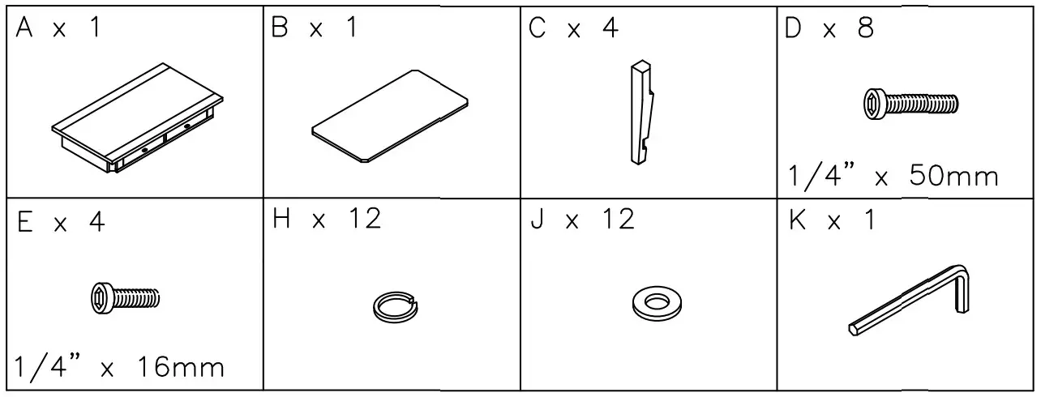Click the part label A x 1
58,30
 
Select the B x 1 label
315,28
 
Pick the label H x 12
327,219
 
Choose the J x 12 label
582,219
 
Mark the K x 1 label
832,220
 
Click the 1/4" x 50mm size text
893,176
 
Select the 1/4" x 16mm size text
119,368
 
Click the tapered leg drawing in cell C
641,113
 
